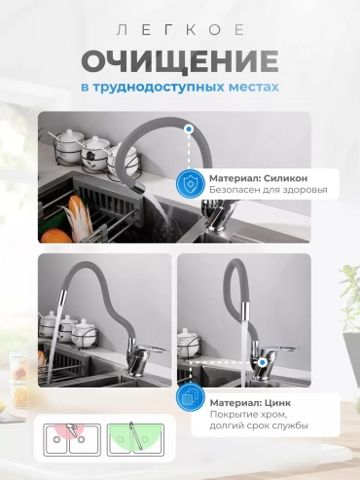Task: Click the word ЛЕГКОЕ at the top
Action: pos(180,30)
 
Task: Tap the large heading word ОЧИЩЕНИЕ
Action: pos(180,61)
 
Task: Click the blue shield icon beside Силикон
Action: pos(191,184)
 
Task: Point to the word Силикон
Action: pos(285,178)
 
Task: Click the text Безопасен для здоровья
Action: pos(269,190)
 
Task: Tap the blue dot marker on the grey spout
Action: pos(189,129)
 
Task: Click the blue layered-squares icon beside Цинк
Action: pos(191,398)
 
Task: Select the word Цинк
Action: pos(278,403)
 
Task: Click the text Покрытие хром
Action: pos(249,415)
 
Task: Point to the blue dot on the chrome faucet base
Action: pos(263,362)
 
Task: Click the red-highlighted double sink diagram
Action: pos(72,439)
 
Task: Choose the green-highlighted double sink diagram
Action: pos(135,439)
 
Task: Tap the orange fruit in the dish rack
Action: pos(55,237)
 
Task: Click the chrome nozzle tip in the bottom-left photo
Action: pos(62,296)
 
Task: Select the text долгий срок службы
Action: pos(259,425)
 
